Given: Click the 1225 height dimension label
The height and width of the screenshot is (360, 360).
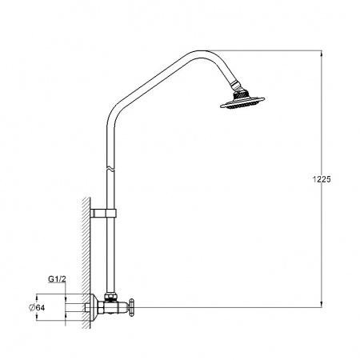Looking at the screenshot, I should (x=319, y=180).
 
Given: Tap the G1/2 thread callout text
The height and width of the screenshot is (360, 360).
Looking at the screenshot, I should (x=56, y=279).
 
